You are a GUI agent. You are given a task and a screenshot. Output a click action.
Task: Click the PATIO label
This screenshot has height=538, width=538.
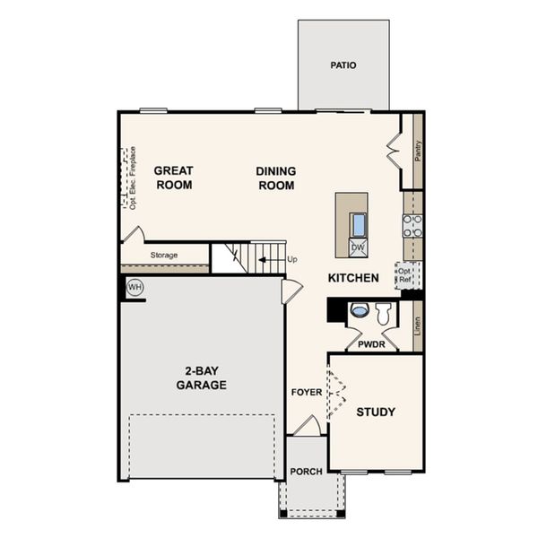click(343, 65)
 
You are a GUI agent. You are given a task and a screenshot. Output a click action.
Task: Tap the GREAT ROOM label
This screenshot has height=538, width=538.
click(173, 178)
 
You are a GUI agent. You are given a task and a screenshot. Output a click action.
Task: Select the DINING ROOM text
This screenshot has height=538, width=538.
click(276, 178)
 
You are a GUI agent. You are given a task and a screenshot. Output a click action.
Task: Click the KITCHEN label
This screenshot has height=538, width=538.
click(352, 278)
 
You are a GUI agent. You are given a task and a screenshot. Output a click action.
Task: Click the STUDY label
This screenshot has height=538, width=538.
click(376, 412)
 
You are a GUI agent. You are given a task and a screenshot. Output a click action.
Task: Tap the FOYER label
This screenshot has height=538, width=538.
click(306, 393)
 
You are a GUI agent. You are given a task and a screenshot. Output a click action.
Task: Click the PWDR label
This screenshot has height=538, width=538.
click(371, 343)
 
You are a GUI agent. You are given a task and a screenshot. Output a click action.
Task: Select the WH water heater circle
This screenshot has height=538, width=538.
click(135, 288)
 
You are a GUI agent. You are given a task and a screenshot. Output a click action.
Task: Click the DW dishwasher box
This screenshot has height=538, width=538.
click(357, 247)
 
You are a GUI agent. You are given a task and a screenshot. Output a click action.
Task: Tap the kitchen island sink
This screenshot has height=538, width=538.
click(358, 224)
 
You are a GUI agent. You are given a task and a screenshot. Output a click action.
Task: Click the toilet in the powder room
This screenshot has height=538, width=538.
click(383, 313)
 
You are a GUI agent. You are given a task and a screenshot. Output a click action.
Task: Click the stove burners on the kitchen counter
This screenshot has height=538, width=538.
click(412, 225)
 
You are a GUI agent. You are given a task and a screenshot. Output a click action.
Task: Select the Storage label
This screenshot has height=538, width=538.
click(164, 256)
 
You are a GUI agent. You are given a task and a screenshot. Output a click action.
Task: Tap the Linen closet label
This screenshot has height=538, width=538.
click(418, 325)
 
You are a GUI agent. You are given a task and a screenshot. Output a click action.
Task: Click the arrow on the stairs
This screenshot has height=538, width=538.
click(265, 261)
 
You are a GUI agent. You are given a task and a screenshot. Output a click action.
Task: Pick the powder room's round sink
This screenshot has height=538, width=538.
click(359, 311)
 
